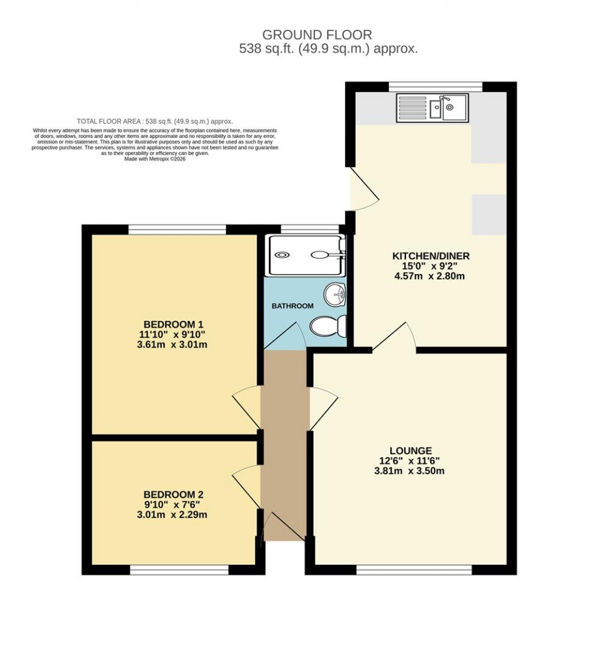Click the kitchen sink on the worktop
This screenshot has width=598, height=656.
(x=432, y=107)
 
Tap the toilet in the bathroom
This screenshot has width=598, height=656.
(x=328, y=326)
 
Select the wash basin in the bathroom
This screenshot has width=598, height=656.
(x=336, y=295)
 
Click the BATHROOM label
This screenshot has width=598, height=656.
(x=293, y=306)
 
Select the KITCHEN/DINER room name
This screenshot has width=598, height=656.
(x=430, y=256)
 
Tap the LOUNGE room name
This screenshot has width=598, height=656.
(x=412, y=450)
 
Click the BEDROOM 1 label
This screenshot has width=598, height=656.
(x=173, y=324)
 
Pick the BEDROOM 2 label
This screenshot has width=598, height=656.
(x=173, y=494)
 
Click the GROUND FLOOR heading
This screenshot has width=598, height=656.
(x=317, y=35)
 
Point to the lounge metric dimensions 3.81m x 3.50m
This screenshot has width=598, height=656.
(x=409, y=471)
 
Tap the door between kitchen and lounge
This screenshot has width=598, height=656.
(x=395, y=339)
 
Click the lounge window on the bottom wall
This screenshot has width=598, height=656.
(x=413, y=570)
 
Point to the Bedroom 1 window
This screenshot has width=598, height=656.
(x=177, y=230)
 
